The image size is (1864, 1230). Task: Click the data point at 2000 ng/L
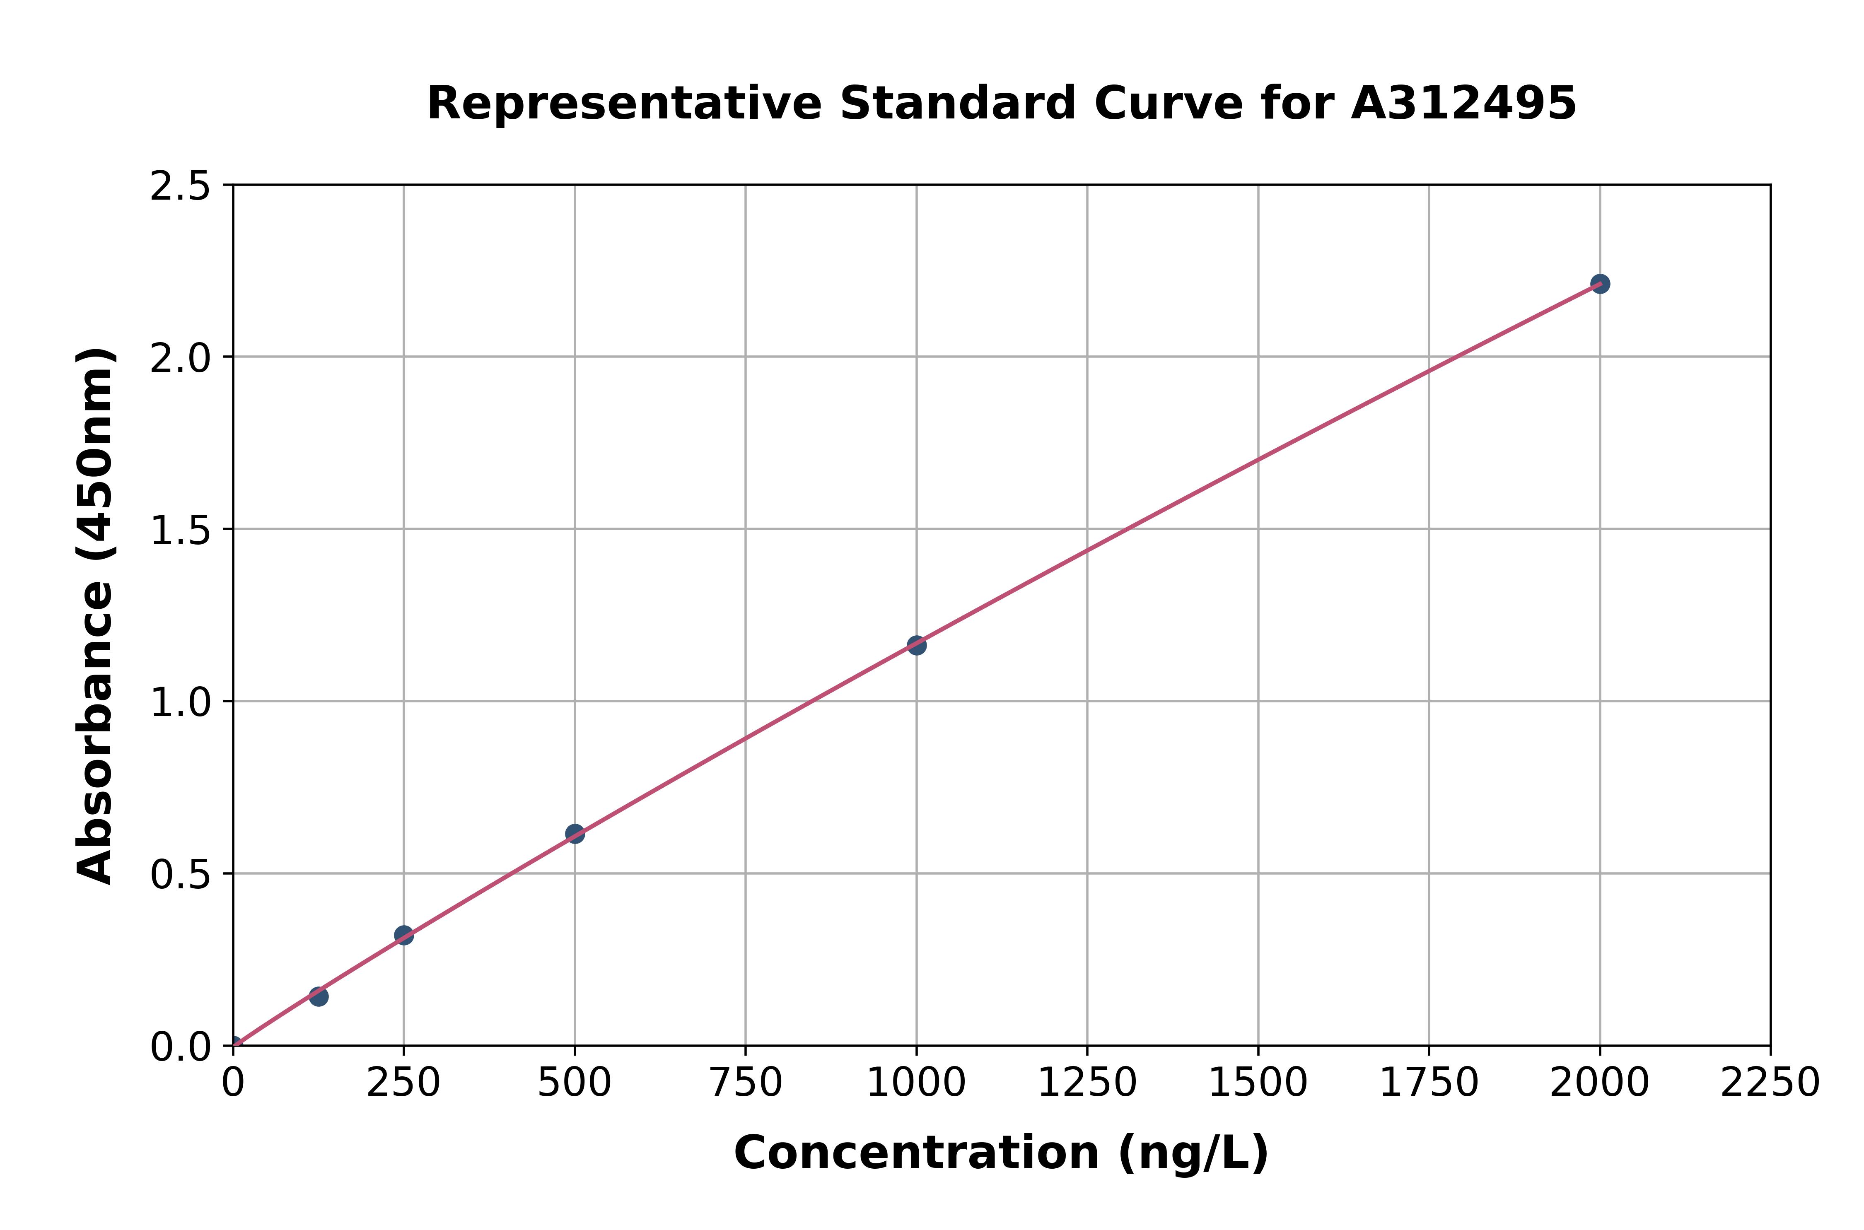pos(1600,284)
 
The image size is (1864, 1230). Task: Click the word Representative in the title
pos(624,104)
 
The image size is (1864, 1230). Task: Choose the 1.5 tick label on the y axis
pos(181,530)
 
